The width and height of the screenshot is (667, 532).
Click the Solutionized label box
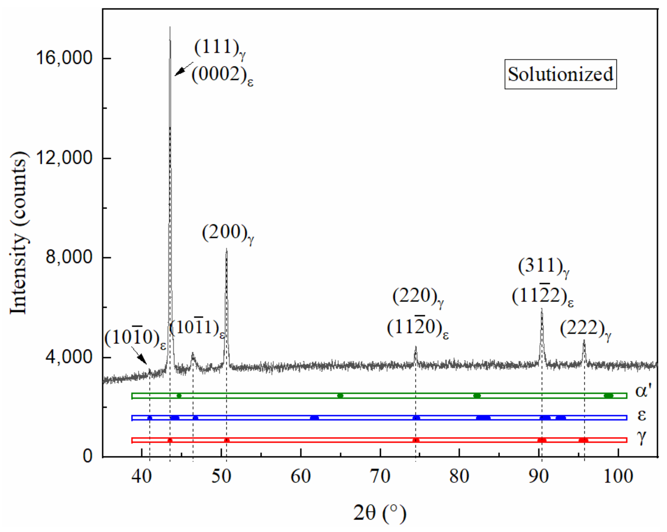coord(560,74)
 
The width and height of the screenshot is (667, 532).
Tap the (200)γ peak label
coord(228,233)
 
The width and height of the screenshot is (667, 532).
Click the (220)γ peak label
coord(418,297)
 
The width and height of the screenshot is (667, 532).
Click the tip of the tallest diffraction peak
coord(170,27)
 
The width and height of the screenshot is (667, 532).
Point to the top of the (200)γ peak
coord(227,249)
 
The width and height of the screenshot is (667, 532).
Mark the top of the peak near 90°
coord(541,309)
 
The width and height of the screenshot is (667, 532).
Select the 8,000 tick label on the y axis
coord(69,257)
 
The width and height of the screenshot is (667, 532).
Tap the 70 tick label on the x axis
coord(380,476)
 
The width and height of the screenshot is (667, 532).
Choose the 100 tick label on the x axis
coord(618,476)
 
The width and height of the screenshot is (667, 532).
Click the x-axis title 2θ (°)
coord(379,513)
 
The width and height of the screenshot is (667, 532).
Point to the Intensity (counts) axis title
coord(19,233)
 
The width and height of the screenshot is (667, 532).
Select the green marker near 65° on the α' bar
coord(340,396)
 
